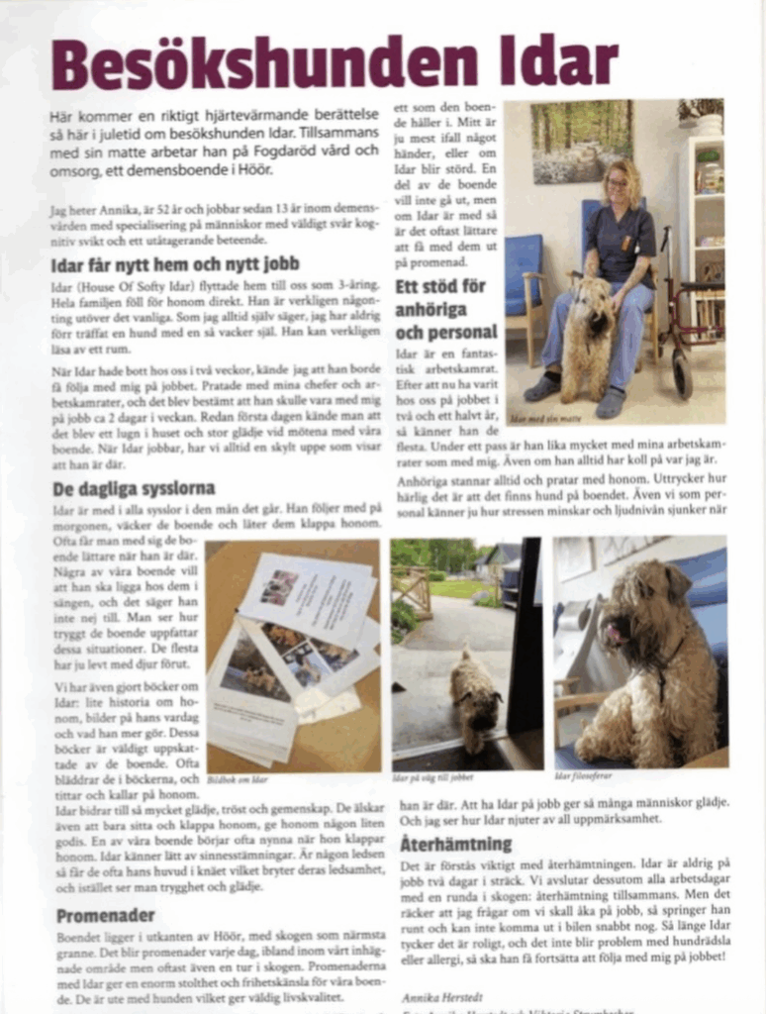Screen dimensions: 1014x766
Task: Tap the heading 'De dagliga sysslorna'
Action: (133, 488)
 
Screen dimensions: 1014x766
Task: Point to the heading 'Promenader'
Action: (105, 915)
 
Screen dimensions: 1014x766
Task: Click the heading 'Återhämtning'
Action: (456, 844)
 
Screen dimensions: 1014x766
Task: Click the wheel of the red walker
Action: (682, 372)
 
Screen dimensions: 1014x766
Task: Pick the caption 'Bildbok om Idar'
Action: (238, 779)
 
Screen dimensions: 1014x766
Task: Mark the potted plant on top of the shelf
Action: (703, 114)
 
